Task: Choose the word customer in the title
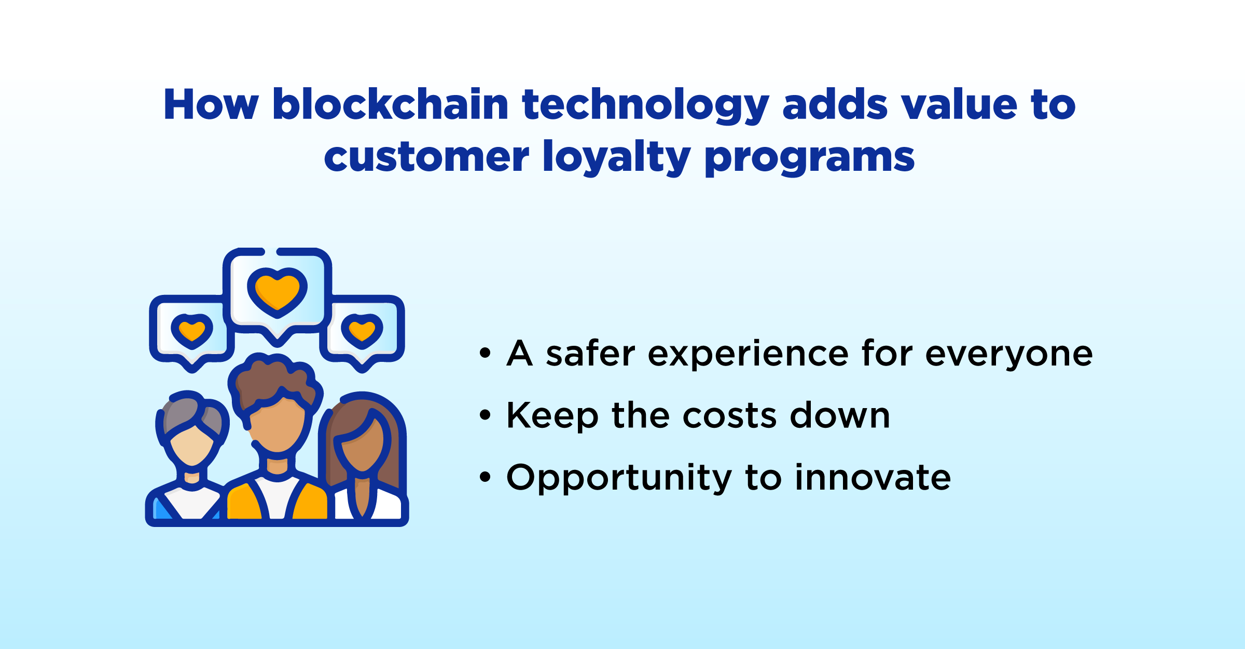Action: pos(426,157)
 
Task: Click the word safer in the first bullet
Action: pos(590,354)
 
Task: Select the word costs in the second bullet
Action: pos(729,416)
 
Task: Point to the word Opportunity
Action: pos(619,479)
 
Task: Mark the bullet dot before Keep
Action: pos(485,415)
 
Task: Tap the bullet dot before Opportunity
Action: pos(485,477)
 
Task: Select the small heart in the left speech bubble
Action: pos(192,331)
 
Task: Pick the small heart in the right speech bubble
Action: pos(362,331)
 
